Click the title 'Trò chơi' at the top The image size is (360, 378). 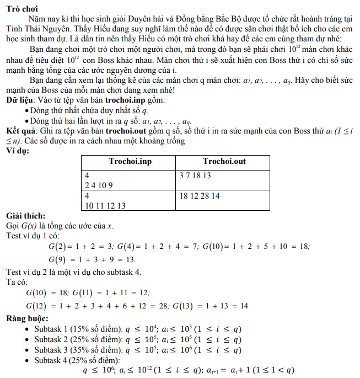[x=20, y=6]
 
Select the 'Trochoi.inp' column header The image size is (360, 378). [x=128, y=161]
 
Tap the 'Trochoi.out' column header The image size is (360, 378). [x=224, y=161]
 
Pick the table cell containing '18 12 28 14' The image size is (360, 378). [x=200, y=196]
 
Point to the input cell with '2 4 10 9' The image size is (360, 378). [x=99, y=185]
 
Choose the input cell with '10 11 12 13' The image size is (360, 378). [x=105, y=205]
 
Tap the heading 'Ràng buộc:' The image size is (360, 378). [x=28, y=319]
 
